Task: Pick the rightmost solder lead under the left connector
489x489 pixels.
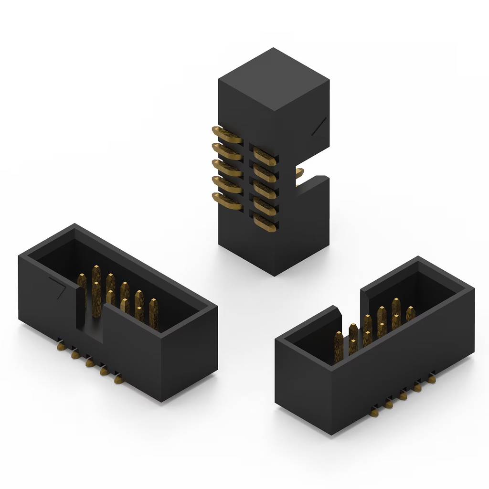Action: [x=118, y=379]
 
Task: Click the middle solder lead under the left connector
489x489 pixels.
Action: [x=89, y=363]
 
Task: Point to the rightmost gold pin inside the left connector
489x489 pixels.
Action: [x=154, y=313]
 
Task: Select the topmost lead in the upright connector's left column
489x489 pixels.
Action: [x=226, y=135]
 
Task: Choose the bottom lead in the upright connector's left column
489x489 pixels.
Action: [x=227, y=201]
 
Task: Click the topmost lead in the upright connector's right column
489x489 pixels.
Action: [x=265, y=156]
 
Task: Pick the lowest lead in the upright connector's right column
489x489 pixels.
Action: [x=265, y=223]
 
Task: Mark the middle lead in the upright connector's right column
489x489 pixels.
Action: [x=265, y=190]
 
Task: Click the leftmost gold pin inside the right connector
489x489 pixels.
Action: [x=339, y=346]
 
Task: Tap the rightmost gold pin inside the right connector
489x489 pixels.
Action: [x=410, y=313]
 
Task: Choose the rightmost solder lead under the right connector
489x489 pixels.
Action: [x=431, y=379]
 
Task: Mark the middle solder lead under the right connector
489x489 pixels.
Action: [x=403, y=396]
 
